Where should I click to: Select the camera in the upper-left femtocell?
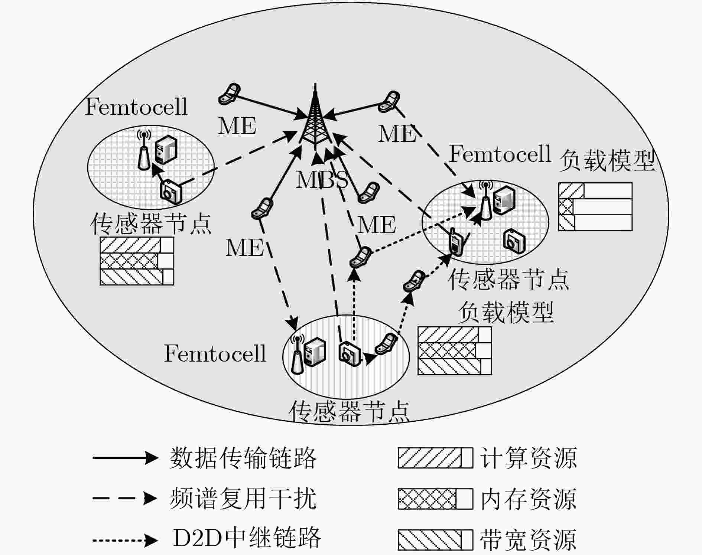(171, 191)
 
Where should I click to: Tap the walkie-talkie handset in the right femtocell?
(455, 242)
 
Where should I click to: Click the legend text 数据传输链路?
(243, 458)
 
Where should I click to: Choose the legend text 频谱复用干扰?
(243, 498)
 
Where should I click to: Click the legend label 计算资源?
(529, 458)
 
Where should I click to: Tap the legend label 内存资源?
(529, 499)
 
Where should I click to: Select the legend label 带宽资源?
(529, 539)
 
